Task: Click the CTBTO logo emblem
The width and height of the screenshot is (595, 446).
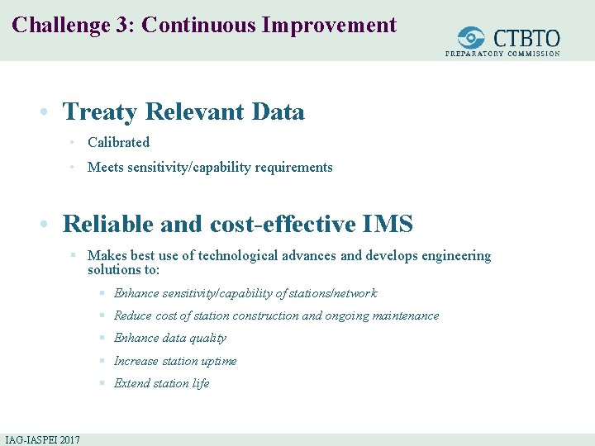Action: [472, 38]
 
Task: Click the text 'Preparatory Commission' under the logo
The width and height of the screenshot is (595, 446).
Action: [502, 54]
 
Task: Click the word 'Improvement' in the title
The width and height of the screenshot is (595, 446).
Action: [329, 25]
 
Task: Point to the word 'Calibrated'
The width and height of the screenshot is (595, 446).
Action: [118, 142]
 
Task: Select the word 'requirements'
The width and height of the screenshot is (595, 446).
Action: [295, 167]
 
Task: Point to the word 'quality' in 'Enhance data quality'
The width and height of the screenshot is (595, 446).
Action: [207, 338]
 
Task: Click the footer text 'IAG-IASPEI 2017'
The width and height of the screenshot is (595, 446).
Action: [42, 439]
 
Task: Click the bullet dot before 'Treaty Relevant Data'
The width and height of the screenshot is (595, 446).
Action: [51, 112]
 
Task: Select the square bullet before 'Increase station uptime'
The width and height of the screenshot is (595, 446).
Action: [101, 361]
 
